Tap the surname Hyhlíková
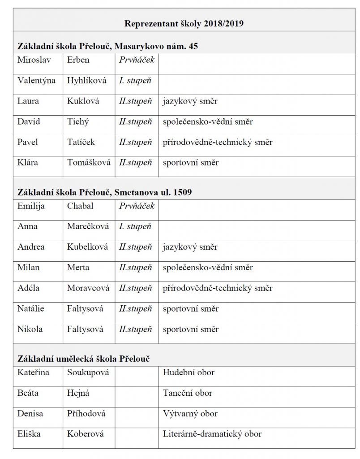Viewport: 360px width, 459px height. click(x=87, y=80)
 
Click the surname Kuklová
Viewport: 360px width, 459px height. click(x=84, y=101)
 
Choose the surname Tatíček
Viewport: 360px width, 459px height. click(x=81, y=142)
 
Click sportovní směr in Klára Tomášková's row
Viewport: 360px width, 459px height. click(x=191, y=162)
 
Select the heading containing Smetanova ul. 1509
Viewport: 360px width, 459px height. click(x=105, y=192)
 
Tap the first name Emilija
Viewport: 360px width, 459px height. click(x=32, y=206)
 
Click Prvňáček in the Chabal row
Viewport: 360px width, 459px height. click(x=137, y=206)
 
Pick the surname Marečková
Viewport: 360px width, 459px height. click(x=88, y=226)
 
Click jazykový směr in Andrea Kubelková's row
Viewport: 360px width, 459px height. click(x=190, y=247)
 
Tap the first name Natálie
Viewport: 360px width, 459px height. click(x=31, y=309)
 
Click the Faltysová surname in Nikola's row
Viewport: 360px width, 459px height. click(x=85, y=329)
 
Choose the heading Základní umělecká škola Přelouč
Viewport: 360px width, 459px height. click(x=84, y=359)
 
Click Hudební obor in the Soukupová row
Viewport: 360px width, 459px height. click(x=189, y=372)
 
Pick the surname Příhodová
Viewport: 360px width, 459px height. click(x=86, y=413)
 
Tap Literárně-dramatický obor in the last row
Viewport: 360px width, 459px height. click(x=212, y=434)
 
